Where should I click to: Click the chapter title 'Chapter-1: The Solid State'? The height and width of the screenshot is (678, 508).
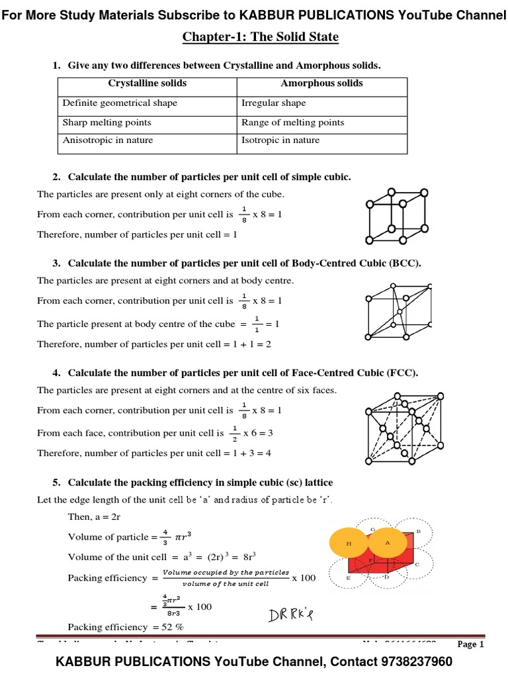coord(260,37)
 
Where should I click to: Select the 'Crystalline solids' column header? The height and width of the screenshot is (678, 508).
coord(147,83)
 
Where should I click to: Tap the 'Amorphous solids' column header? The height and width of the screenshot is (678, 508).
coord(321,83)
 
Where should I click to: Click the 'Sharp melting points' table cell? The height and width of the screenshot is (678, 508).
coord(107,122)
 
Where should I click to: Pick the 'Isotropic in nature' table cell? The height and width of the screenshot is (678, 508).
coord(280,140)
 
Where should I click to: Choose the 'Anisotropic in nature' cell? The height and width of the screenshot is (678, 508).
coord(108,140)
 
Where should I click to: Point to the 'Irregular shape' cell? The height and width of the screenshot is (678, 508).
coord(273,103)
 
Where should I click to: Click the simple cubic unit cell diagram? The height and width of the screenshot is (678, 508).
coord(391,215)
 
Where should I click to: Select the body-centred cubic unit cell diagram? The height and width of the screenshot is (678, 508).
coord(399,311)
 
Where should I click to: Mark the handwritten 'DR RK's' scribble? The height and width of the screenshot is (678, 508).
coord(290,616)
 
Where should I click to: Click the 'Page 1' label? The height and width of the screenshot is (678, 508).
coord(471,644)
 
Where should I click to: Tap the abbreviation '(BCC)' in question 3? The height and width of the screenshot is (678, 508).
coord(405,263)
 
